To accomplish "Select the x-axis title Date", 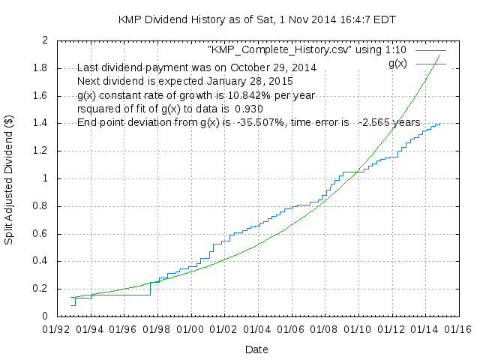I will [256, 349].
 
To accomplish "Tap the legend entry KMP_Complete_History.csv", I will [306, 49].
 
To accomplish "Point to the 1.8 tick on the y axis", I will [38, 67].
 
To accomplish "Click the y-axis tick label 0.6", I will [38, 233].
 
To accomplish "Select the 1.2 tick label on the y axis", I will [38, 151].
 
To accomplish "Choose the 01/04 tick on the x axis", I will [256, 329].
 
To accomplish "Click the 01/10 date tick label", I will [355, 329].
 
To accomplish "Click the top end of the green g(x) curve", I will [439, 55].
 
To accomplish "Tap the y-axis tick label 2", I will [44, 40].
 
